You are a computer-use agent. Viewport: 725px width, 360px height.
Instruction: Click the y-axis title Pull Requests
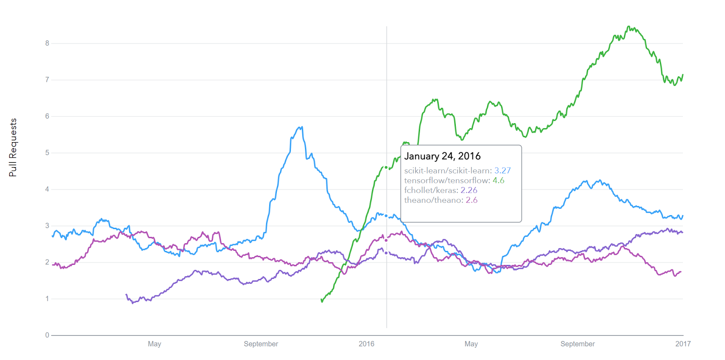coord(13,148)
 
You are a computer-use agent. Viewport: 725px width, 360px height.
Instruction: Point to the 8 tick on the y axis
coord(47,43)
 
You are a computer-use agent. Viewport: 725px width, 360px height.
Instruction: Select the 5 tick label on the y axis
coord(47,153)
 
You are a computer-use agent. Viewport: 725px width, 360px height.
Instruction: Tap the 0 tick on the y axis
coord(47,336)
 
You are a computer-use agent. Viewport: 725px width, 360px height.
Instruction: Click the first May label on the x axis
coord(155,344)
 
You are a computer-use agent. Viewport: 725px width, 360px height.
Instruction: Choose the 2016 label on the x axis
coord(367,344)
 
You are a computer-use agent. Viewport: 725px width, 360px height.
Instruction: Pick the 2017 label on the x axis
coord(683,344)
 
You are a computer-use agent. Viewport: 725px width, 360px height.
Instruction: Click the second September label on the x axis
coord(577,344)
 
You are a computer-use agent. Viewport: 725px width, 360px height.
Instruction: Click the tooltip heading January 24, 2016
coord(442,156)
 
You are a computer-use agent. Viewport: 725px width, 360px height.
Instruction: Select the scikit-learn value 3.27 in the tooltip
coord(503,171)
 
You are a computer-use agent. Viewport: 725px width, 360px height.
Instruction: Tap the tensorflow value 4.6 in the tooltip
coord(498,181)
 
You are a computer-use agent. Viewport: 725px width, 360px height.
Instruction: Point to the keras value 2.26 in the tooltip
coord(469,191)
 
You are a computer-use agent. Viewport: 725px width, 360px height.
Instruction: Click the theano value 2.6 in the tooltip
coord(472,201)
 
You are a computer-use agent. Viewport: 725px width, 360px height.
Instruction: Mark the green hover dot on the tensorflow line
coord(386,168)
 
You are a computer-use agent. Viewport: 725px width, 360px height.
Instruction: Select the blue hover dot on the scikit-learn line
coord(386,216)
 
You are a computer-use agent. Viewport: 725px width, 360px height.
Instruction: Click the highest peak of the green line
coord(628,27)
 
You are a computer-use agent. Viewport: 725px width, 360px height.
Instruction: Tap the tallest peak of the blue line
coord(301,127)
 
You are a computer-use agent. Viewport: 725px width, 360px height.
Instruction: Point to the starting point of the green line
coord(322,301)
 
